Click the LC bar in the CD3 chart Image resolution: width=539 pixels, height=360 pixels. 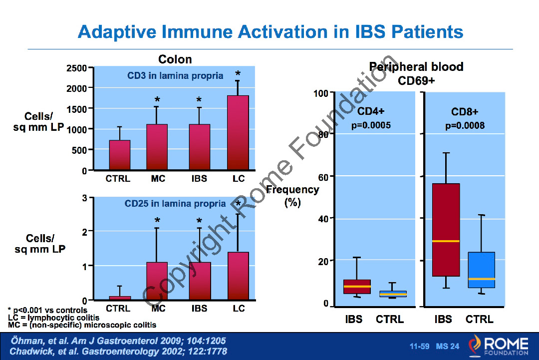238,132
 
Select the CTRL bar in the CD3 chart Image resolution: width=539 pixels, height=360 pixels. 120,155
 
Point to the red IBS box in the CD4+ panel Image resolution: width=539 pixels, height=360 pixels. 357,287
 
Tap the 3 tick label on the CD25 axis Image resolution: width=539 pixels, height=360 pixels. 85,198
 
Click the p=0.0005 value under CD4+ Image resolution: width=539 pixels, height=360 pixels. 371,126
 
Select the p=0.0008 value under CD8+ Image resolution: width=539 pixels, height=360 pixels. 465,126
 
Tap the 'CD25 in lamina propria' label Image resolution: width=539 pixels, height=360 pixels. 175,204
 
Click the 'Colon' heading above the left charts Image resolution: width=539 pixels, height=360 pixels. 175,59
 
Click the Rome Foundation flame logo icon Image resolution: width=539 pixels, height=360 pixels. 475,346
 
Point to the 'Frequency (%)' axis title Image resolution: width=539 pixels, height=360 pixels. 292,196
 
